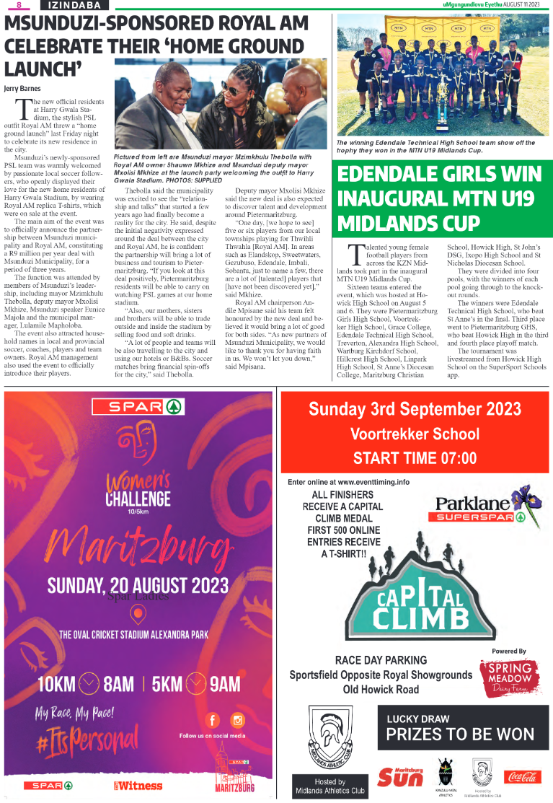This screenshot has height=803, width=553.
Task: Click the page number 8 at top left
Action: [20, 5]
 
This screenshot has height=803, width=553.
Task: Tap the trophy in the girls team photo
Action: [442, 100]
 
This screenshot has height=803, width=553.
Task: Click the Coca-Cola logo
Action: [522, 777]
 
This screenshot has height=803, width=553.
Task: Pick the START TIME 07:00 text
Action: [415, 458]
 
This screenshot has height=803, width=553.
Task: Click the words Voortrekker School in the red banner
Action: [415, 434]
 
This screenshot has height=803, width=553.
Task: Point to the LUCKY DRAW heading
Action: [418, 719]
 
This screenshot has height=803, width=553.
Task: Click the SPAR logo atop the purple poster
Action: [136, 407]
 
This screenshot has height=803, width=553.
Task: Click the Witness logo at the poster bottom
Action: [136, 785]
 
